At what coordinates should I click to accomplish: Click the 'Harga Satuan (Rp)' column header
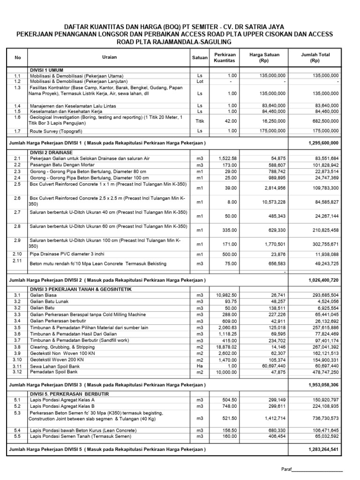click(264, 58)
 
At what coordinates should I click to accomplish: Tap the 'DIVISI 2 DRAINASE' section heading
click(52, 153)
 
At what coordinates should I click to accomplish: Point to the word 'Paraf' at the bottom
click(286, 469)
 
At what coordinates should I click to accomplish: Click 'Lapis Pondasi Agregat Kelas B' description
click(62, 406)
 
